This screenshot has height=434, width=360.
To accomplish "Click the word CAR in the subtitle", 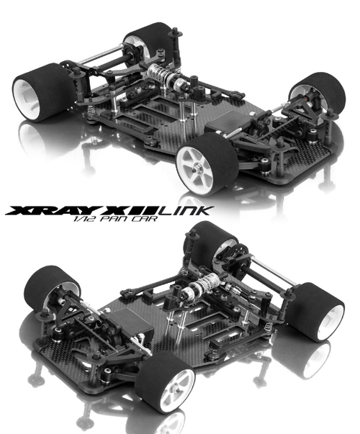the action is pos(146,219).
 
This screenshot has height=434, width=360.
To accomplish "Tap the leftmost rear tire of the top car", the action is pos(43,93).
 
